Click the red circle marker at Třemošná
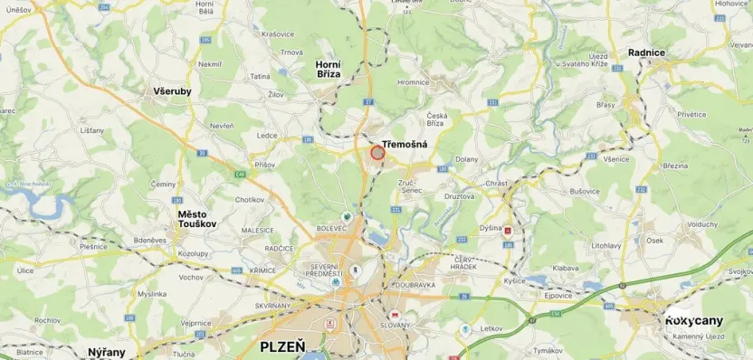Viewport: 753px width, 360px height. point(378,153)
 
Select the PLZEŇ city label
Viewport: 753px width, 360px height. point(282,346)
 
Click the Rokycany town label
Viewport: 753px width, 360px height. point(694,321)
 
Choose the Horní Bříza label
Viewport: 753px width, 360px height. point(328,70)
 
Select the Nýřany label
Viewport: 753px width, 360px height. point(106,351)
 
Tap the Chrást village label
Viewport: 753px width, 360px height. point(496,183)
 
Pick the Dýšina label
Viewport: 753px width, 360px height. point(491,228)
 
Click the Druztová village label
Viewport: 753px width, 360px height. point(460,195)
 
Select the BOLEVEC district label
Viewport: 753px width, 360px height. point(331,229)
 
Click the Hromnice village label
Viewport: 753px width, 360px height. point(412,82)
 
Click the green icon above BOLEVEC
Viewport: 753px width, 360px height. point(347,217)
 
